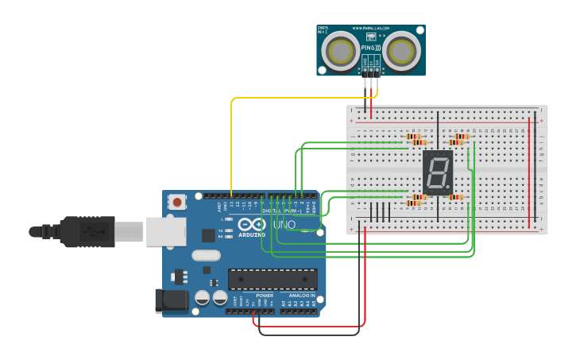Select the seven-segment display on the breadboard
438,172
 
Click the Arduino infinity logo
252,225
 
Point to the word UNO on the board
284,225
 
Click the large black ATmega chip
273,279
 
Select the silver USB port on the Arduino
165,231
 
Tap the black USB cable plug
87,231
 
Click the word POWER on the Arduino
265,296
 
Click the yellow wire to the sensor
231,143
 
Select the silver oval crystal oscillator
205,256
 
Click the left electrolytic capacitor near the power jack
203,298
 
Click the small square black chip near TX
208,235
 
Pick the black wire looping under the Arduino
310,334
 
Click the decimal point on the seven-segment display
450,187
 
